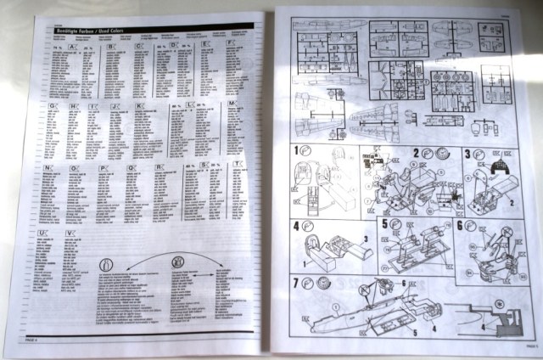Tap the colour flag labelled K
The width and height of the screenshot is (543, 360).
[x=140, y=107]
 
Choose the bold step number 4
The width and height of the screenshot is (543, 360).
[x=297, y=227]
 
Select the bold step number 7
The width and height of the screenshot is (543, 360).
[x=297, y=282]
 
